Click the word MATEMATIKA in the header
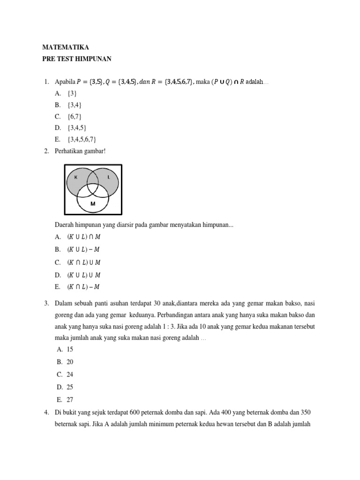65,47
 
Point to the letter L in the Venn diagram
109,177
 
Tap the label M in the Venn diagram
93,204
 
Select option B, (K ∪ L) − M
83,249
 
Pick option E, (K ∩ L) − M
83,287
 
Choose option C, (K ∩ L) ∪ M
83,262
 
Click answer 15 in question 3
70,349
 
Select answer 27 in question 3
70,400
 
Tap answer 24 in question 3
70,375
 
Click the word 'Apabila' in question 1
66,82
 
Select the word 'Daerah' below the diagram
65,225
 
